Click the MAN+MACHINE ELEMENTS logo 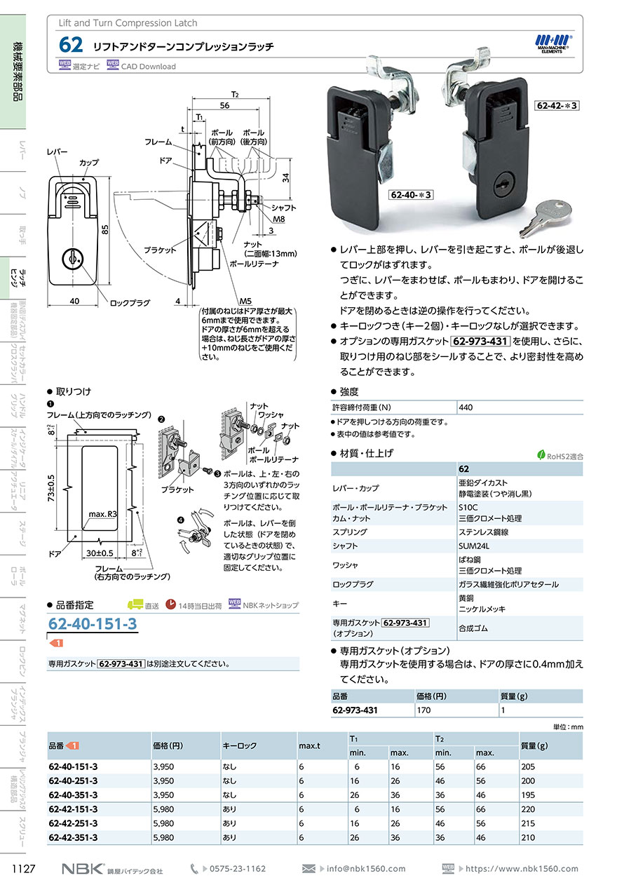click(x=554, y=45)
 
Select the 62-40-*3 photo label click(x=409, y=194)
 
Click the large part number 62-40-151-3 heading click(x=93, y=624)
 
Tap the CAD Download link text click(x=149, y=67)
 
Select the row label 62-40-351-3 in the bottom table click(x=73, y=795)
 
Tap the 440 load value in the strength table click(x=466, y=407)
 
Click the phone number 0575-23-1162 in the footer click(x=238, y=868)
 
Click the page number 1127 click(x=24, y=868)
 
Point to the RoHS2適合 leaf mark click(x=560, y=455)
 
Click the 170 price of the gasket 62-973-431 click(x=423, y=710)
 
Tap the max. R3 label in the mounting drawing click(x=103, y=514)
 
